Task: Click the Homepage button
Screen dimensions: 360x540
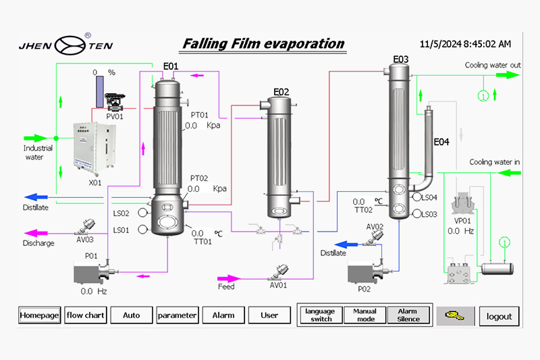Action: point(39,315)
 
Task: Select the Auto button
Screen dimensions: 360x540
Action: point(131,315)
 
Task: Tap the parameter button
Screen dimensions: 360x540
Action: point(177,315)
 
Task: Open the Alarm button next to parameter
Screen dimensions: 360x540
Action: point(223,315)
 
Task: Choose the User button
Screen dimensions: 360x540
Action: point(269,315)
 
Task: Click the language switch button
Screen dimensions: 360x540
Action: point(321,315)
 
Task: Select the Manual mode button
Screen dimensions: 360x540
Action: point(364,315)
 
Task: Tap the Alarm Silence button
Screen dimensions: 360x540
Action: point(408,315)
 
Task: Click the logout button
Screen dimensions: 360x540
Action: point(500,316)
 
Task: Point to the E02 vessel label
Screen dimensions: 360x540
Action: point(281,91)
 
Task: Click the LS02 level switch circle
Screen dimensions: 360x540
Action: point(142,213)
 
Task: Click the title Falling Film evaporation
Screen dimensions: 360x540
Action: point(263,44)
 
